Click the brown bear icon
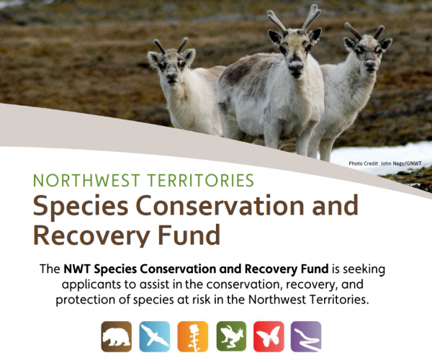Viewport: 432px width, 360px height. pos(117,336)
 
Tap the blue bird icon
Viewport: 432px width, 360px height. pos(154,336)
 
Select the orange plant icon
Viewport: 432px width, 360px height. pos(192,336)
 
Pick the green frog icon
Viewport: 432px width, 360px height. pos(230,336)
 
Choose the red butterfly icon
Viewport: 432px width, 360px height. pos(269,336)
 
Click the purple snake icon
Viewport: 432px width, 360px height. pos(306,336)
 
